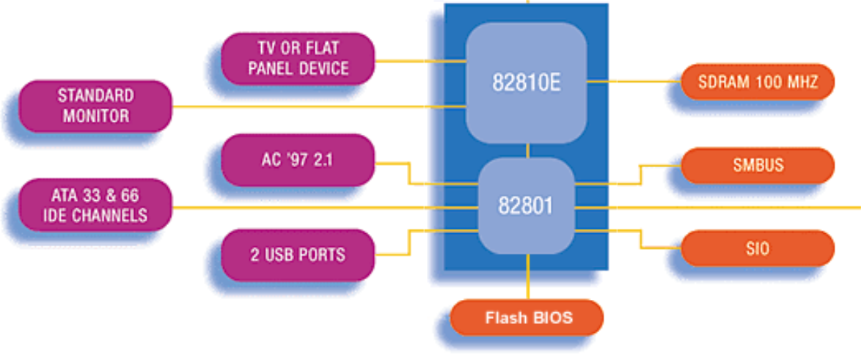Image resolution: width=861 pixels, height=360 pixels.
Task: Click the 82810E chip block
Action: (x=526, y=82)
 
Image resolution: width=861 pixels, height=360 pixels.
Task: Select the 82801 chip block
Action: (x=526, y=206)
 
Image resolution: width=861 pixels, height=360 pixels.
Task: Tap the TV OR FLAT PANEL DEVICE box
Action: (x=298, y=59)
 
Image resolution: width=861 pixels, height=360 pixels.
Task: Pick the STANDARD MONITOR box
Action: (x=95, y=106)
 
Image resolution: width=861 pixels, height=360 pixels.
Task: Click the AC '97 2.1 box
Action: (x=298, y=159)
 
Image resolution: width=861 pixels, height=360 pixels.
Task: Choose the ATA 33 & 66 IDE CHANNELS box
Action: (x=95, y=206)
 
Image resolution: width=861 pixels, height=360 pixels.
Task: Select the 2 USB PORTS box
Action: (x=298, y=255)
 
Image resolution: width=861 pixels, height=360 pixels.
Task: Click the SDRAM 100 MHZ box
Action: (x=758, y=81)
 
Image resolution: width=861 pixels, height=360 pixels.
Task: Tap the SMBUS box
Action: (x=758, y=166)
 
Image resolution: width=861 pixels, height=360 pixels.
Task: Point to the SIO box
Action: (x=758, y=249)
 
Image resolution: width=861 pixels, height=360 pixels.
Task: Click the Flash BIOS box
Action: (x=527, y=318)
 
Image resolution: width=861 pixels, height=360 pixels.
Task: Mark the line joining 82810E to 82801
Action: (x=528, y=150)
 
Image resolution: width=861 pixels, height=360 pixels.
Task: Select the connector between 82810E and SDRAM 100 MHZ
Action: (x=634, y=81)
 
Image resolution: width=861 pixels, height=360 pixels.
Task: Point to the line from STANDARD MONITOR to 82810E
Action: (x=315, y=107)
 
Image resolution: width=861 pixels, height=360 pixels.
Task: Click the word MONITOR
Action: (x=95, y=116)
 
